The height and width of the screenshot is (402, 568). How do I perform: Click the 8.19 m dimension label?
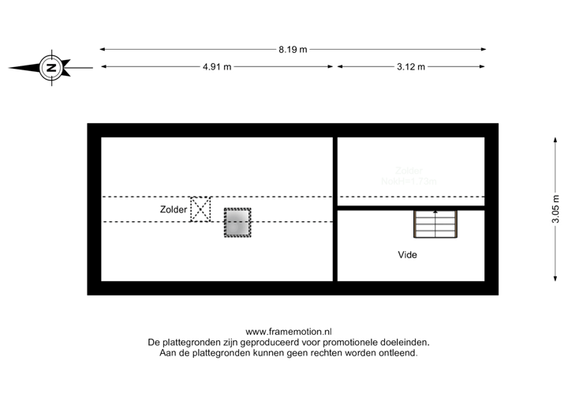292,49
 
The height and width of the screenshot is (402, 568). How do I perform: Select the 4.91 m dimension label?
217,67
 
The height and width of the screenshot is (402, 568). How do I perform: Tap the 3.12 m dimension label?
411,67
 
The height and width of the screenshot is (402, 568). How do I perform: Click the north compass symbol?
51,68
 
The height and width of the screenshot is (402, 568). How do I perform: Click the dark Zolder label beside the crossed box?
173,210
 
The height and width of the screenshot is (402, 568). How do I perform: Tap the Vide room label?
407,255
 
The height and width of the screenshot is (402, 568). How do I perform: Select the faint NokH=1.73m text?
409,181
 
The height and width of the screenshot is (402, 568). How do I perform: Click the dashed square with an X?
201,209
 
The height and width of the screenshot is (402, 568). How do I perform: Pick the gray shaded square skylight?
237,223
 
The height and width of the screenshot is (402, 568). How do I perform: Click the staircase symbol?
435,224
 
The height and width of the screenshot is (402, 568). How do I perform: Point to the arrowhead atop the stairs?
435,212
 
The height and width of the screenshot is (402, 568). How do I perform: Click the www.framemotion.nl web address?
289,332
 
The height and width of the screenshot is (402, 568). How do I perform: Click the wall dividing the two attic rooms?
334,209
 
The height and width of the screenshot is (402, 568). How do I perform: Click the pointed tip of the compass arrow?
11,68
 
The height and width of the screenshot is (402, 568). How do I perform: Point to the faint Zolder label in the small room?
409,170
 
